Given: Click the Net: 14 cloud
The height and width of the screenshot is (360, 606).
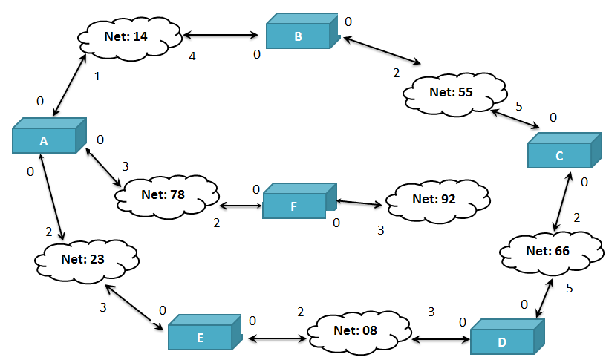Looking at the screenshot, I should [x=130, y=36].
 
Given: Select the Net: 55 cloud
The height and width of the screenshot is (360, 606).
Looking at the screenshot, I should [x=451, y=93].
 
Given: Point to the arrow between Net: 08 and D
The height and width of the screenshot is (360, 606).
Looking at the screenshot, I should [x=439, y=339].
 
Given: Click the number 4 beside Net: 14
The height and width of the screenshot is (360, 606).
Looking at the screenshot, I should [x=192, y=56].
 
